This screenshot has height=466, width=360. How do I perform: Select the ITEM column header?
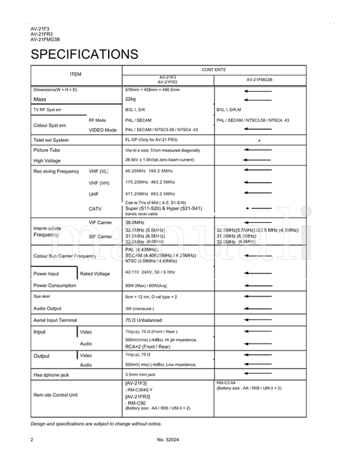tap(76, 74)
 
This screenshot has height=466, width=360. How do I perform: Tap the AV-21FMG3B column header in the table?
tap(259, 79)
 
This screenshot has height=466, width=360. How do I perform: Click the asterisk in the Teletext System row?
tap(259, 140)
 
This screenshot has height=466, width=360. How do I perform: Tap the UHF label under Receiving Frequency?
tap(93, 194)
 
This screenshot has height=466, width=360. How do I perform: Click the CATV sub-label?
tap(95, 209)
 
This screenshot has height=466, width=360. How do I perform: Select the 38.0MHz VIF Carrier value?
tap(134, 222)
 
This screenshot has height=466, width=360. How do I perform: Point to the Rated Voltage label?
tap(95, 274)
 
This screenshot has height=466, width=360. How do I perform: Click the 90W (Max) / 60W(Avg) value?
tap(146, 286)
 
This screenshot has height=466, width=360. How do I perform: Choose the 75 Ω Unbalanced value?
tap(143, 320)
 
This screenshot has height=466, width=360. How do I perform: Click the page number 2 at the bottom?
tap(32, 440)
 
